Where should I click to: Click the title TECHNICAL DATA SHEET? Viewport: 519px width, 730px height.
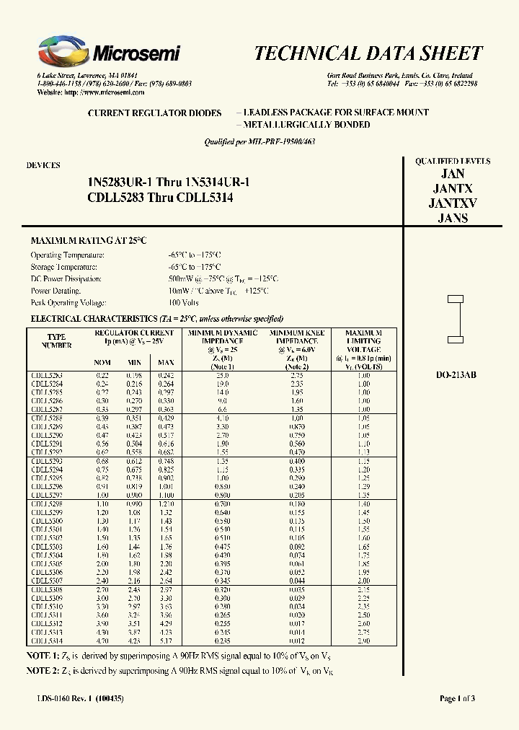tap(368, 53)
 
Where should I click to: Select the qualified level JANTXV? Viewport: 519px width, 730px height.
tap(452, 203)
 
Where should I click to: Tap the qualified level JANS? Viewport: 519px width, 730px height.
tap(452, 218)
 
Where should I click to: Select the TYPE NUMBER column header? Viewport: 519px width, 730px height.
tap(56, 341)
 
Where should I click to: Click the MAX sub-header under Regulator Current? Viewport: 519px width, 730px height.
tap(166, 362)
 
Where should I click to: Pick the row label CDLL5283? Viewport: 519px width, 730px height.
tap(46, 376)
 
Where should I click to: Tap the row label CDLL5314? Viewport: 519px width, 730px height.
tap(46, 640)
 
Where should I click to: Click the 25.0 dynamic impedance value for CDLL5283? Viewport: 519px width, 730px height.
tap(222, 376)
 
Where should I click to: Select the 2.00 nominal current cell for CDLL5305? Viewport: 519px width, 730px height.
tap(103, 564)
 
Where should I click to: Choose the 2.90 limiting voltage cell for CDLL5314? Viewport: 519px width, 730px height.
tap(363, 640)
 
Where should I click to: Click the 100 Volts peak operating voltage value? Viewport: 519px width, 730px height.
tap(183, 302)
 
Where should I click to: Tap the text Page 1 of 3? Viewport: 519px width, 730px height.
tap(457, 698)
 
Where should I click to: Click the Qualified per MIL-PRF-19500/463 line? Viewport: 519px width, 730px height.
tap(260, 142)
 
